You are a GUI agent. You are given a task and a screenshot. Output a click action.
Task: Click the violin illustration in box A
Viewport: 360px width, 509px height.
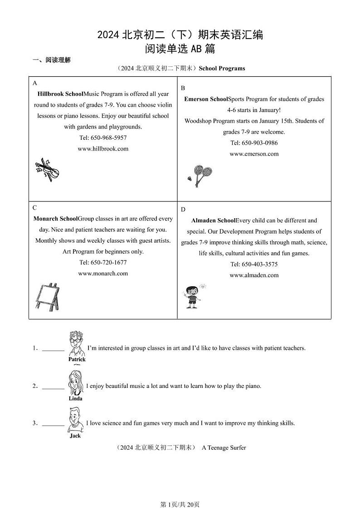(47, 171)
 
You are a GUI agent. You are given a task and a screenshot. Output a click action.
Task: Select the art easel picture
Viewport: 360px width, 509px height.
(47, 297)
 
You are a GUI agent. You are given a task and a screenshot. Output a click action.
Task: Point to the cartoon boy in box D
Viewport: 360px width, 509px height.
(193, 296)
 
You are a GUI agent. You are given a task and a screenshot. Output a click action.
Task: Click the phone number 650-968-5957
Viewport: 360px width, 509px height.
(103, 137)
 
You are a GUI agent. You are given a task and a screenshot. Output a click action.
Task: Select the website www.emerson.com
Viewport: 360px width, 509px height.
(254, 154)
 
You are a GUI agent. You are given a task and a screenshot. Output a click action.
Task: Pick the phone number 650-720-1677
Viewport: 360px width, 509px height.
(103, 262)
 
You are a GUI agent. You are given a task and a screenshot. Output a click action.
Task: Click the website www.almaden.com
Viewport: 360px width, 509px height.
(254, 275)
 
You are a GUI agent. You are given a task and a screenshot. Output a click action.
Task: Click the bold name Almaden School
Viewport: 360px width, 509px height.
(213, 220)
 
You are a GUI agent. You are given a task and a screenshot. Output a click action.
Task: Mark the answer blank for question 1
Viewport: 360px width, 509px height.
(53, 348)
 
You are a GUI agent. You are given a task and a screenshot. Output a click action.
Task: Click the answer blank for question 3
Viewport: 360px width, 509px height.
(53, 423)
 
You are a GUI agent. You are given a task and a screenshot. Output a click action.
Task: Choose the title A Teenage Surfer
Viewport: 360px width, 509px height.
(224, 447)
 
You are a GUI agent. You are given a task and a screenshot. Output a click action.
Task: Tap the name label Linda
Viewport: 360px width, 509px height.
(75, 398)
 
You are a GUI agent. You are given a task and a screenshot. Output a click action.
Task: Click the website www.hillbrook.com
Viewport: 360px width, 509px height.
(103, 148)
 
